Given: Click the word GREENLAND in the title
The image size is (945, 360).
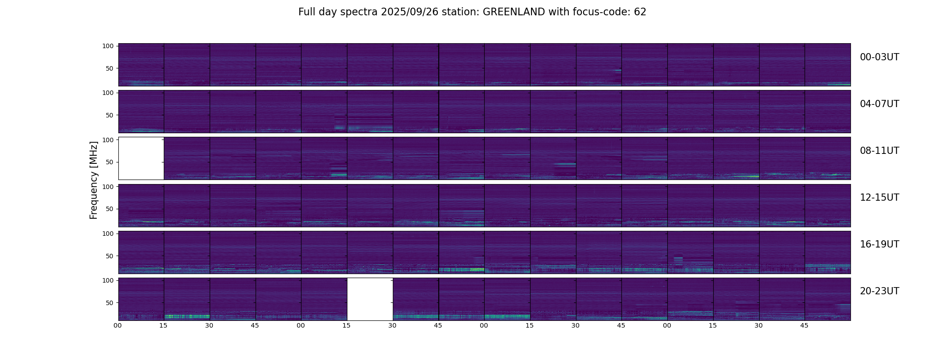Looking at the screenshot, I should (x=513, y=12).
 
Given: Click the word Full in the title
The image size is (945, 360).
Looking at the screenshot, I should (x=306, y=12).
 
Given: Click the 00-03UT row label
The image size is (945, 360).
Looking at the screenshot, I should (x=879, y=57).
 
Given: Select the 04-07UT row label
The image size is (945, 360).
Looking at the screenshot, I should (x=879, y=104).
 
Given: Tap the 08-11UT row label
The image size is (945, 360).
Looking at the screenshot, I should (x=879, y=151).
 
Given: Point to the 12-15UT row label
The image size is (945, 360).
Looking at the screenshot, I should (x=879, y=198).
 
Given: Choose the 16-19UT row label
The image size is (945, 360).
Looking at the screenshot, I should (x=879, y=244).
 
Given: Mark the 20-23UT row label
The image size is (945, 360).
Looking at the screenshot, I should (x=879, y=291).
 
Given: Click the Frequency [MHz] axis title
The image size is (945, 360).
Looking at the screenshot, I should (x=94, y=180).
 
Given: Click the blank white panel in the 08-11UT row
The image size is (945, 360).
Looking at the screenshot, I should (x=141, y=158).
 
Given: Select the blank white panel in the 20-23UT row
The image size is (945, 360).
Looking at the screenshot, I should (x=370, y=299).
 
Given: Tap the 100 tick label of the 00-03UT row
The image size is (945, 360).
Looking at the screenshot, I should (x=108, y=46).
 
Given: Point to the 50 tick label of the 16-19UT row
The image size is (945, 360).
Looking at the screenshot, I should (x=109, y=256).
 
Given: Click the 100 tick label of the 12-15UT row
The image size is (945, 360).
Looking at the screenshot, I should (x=108, y=187).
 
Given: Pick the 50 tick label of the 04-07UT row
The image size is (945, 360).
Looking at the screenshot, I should (x=109, y=116).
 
